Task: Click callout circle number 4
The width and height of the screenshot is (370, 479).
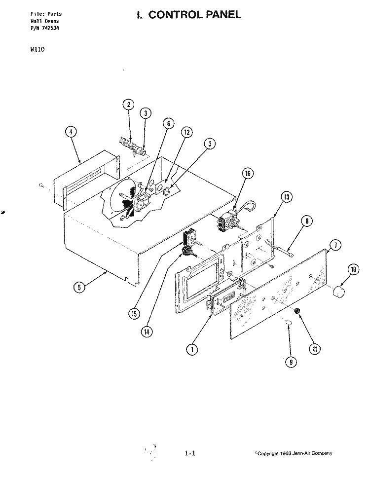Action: click(x=71, y=132)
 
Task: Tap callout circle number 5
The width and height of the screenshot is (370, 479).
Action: click(x=79, y=288)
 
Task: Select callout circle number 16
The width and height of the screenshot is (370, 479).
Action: click(x=248, y=174)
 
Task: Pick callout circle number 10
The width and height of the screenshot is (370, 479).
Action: click(x=354, y=269)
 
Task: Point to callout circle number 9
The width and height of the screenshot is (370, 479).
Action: click(x=291, y=362)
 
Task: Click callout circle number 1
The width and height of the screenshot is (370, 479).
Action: click(x=192, y=349)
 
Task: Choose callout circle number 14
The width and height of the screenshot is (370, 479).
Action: click(x=147, y=332)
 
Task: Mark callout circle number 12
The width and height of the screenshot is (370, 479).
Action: click(x=187, y=132)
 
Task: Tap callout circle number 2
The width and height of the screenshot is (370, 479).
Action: click(x=129, y=105)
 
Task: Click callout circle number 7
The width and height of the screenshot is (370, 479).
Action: click(x=335, y=245)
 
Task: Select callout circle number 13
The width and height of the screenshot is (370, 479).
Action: click(x=286, y=197)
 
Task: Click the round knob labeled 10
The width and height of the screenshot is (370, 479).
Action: click(x=338, y=291)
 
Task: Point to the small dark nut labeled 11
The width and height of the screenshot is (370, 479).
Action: click(x=296, y=311)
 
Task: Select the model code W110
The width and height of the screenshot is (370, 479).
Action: click(x=37, y=49)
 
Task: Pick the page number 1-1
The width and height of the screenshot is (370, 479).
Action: click(x=190, y=453)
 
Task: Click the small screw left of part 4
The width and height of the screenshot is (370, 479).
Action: click(x=41, y=185)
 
